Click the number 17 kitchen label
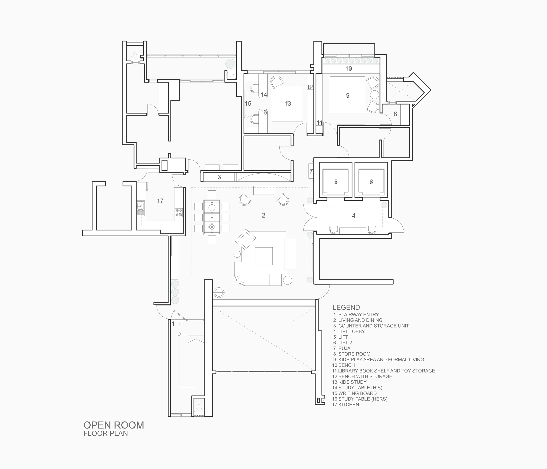(x=160, y=201)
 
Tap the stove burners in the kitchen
(x=179, y=213)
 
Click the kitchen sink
(x=140, y=206)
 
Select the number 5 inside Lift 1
(x=336, y=182)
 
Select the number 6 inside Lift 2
(x=371, y=182)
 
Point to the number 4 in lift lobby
(x=354, y=216)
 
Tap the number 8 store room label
(x=395, y=114)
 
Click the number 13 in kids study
(x=288, y=104)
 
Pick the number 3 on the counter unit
(x=219, y=177)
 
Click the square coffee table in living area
(x=263, y=256)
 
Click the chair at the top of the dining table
(x=212, y=195)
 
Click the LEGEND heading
(x=346, y=307)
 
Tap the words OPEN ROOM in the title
(x=114, y=425)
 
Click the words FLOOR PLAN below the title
(x=106, y=434)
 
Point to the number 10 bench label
(x=349, y=69)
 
